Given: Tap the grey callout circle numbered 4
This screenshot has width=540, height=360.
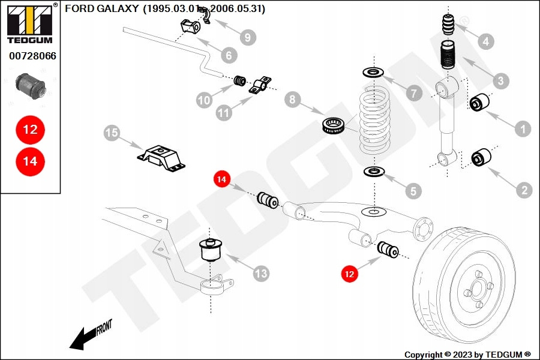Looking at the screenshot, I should coord(485,41).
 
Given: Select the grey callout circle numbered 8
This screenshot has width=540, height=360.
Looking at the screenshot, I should coord(292,100).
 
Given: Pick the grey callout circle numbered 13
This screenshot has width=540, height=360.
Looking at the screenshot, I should coord(261,274).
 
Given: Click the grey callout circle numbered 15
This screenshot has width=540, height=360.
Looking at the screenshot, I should coord(112,133).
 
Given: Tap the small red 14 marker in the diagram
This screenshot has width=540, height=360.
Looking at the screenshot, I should coord(222,179).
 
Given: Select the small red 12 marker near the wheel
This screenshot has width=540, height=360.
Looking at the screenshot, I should coord(349,274).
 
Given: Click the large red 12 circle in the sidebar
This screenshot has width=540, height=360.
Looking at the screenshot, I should coord(30,129).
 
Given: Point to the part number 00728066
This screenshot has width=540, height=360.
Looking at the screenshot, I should coord(32,56).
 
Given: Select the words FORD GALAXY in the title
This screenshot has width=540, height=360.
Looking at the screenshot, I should coord(101,9).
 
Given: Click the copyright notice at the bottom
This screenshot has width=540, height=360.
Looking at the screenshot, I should coord(467,354).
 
